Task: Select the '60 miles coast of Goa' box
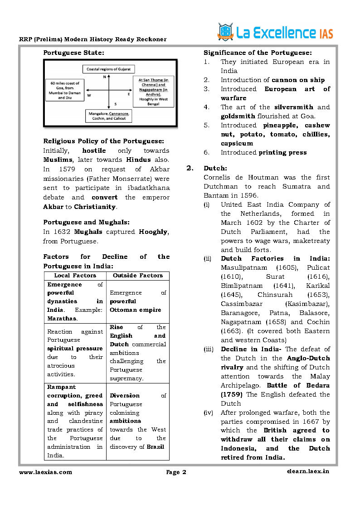(x=65, y=90)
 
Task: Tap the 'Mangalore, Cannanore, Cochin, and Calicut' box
(x=109, y=116)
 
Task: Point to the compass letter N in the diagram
(x=105, y=77)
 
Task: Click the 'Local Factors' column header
(x=75, y=275)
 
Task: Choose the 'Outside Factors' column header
(x=138, y=275)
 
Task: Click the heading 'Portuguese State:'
(x=73, y=53)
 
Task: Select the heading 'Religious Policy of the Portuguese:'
(x=103, y=141)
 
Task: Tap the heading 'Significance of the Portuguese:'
(x=258, y=53)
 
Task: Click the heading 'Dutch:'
(x=215, y=168)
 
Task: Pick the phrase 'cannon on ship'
(x=298, y=80)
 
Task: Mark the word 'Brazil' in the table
(x=156, y=446)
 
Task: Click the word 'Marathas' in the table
(x=62, y=318)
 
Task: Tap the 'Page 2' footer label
(x=176, y=472)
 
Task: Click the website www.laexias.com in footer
(x=45, y=472)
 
